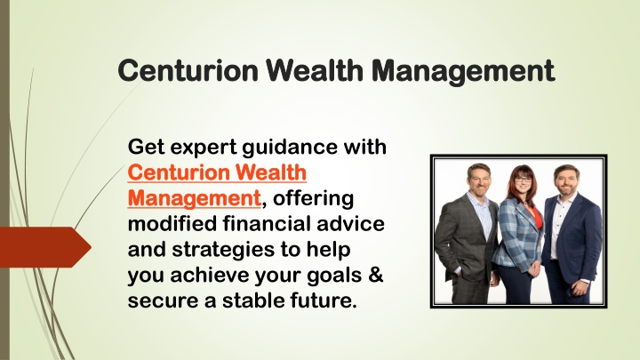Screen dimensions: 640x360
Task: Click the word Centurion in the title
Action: tap(188, 70)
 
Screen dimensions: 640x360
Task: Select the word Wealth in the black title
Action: tap(315, 70)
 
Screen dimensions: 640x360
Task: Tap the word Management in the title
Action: tap(463, 72)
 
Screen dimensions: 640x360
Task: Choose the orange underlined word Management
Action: tap(195, 198)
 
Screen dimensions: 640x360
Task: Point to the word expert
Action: tap(204, 148)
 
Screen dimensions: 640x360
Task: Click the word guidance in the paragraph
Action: tap(290, 148)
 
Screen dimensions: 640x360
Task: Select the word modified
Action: tap(172, 224)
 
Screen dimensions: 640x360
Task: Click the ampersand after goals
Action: tap(375, 275)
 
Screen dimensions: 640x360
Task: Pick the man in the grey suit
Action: tap(467, 235)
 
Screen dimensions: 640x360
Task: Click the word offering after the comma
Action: tap(313, 199)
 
